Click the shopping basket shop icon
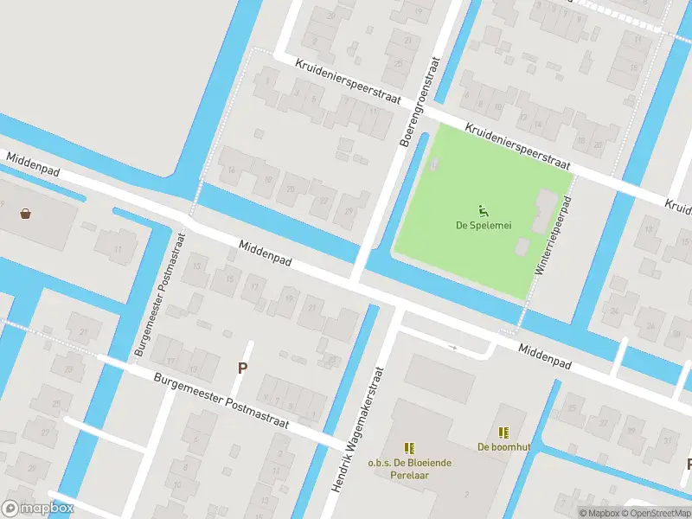click(26, 213)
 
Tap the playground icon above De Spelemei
click(482, 209)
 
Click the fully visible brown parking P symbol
click(243, 368)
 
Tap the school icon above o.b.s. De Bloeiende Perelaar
click(409, 448)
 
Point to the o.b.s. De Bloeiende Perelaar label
click(409, 469)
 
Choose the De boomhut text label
click(503, 447)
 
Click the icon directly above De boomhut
click(503, 432)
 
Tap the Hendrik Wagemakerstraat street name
click(356, 428)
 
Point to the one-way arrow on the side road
click(452, 347)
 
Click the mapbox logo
click(38, 509)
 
